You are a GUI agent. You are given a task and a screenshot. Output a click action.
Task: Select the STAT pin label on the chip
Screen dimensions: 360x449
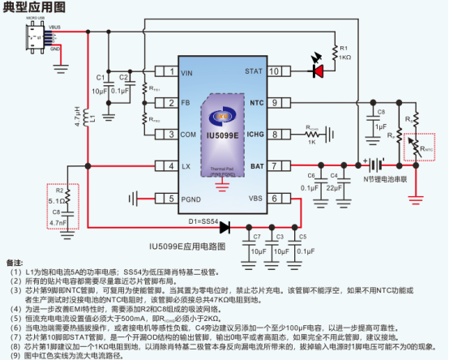[x=254, y=71]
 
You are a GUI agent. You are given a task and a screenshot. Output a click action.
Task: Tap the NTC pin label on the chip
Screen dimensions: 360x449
[x=256, y=103]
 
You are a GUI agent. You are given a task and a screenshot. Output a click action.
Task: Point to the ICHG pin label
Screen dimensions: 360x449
[x=254, y=135]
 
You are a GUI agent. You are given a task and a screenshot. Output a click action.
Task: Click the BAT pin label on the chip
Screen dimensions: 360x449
[x=256, y=166]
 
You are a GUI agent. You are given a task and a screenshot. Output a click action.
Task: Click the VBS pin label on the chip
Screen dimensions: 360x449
[x=255, y=198]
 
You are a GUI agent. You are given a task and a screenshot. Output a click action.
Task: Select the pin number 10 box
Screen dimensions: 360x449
[x=274, y=71]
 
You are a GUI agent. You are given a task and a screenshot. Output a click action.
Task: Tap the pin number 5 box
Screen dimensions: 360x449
[x=170, y=198]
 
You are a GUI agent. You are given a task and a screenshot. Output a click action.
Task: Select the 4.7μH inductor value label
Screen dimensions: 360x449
[x=78, y=118]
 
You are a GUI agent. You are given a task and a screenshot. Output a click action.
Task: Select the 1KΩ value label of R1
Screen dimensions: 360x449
[x=344, y=58]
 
